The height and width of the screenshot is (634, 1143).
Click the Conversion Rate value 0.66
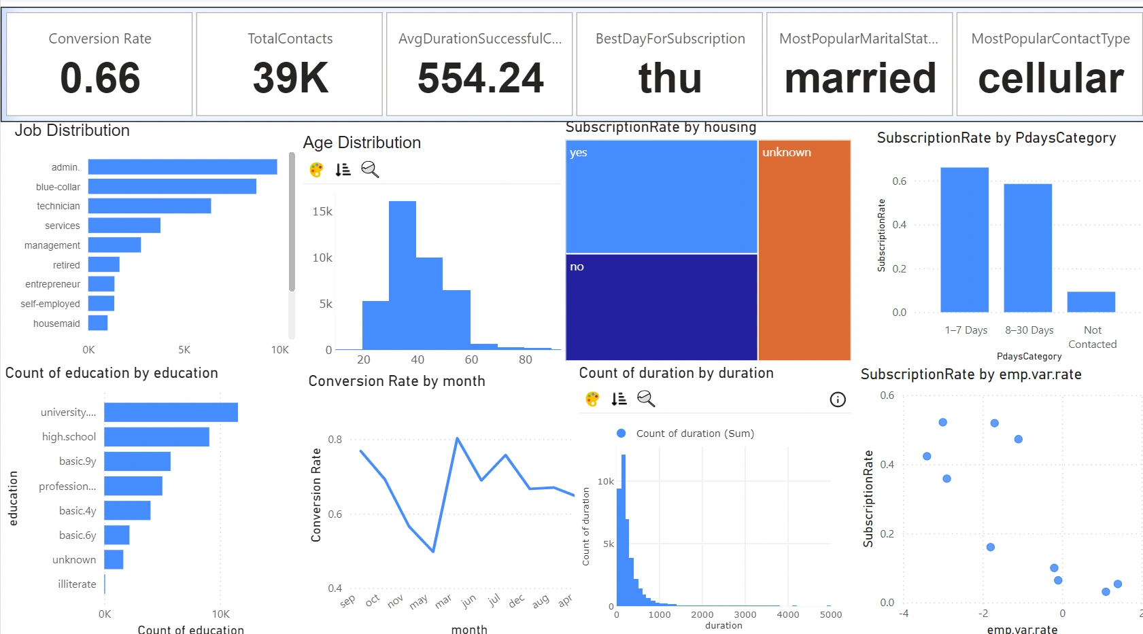pos(100,78)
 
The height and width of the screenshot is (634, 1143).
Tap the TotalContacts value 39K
pos(290,78)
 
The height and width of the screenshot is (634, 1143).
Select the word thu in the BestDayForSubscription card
pos(670,78)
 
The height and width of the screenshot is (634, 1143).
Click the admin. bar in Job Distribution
pos(182,166)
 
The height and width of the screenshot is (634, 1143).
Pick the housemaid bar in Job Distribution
pos(98,323)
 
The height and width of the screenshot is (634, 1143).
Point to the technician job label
pos(58,206)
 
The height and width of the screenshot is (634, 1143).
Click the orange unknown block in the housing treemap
pos(804,250)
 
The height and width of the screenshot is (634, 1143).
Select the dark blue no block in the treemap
pos(662,307)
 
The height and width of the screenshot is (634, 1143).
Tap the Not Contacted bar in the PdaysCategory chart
pos(1091,302)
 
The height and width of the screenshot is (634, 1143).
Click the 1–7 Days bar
pos(964,240)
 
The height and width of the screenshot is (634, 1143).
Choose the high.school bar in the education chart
pos(156,437)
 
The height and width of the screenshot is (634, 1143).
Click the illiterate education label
pos(77,584)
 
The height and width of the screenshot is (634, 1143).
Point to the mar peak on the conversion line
pos(458,438)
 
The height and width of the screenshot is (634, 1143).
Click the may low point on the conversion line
pos(433,552)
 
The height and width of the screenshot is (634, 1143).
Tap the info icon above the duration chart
pos(838,400)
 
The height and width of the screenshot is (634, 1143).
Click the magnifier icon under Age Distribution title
pos(370,169)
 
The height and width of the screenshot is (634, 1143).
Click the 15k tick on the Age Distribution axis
pos(322,211)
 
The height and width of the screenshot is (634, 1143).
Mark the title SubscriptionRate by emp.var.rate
pos(970,374)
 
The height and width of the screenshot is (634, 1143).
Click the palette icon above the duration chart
pos(592,399)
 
